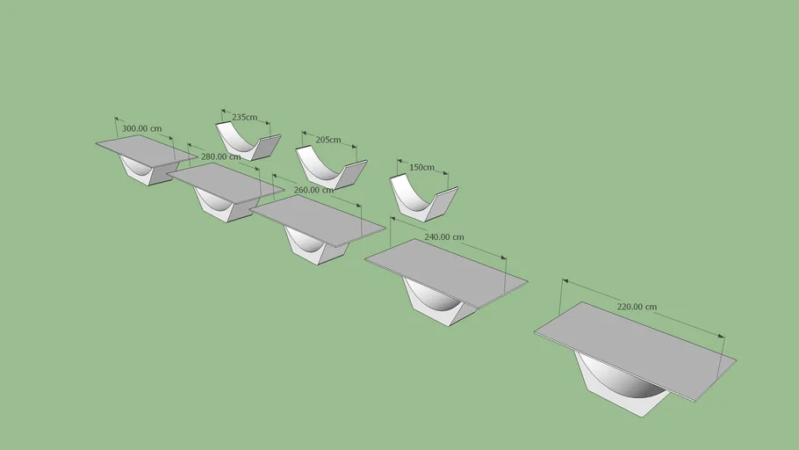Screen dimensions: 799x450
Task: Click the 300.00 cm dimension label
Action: pyautogui.click(x=141, y=128)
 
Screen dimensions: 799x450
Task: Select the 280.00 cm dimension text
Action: pyautogui.click(x=220, y=156)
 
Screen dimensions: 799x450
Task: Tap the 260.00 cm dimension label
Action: pyautogui.click(x=314, y=190)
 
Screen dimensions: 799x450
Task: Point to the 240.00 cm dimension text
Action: pyautogui.click(x=444, y=236)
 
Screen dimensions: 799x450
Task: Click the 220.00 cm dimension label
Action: pyautogui.click(x=637, y=307)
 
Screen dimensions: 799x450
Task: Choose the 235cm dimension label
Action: pyautogui.click(x=245, y=117)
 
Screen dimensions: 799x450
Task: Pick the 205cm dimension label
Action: pyautogui.click(x=328, y=139)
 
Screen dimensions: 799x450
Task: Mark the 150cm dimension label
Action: pyautogui.click(x=422, y=167)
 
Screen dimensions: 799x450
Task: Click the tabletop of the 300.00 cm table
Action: pyautogui.click(x=147, y=150)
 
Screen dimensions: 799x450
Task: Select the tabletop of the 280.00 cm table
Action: pyautogui.click(x=226, y=182)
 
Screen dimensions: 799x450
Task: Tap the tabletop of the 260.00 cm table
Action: pyautogui.click(x=317, y=221)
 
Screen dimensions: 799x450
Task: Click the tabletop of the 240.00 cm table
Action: pyautogui.click(x=446, y=273)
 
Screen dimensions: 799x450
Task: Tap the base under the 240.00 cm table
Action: pyautogui.click(x=438, y=304)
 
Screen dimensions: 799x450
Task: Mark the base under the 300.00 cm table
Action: pyautogui.click(x=148, y=171)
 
